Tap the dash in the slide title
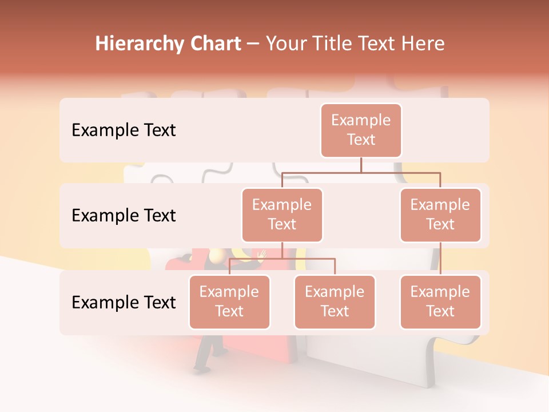pyautogui.click(x=253, y=45)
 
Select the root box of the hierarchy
pyautogui.click(x=361, y=130)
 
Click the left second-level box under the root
pyautogui.click(x=282, y=215)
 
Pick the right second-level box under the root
pyautogui.click(x=440, y=215)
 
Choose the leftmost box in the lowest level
pyautogui.click(x=229, y=302)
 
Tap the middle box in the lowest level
pyautogui.click(x=335, y=302)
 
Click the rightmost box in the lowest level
pyautogui.click(x=440, y=302)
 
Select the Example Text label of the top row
pyautogui.click(x=124, y=130)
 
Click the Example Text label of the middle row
pyautogui.click(x=124, y=216)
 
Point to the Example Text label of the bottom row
pyautogui.click(x=124, y=302)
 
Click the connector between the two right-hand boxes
pyautogui.click(x=440, y=259)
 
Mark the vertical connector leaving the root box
pyautogui.click(x=361, y=165)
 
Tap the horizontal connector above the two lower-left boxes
pyautogui.click(x=282, y=259)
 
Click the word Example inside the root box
pyautogui.click(x=361, y=120)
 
